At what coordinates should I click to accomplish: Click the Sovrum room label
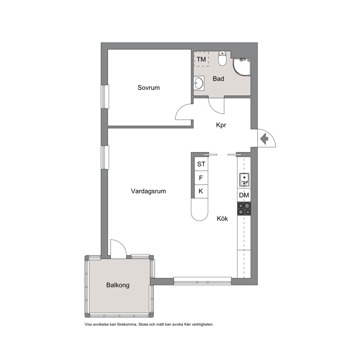pyautogui.click(x=148, y=88)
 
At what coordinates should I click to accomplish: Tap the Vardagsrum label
pyautogui.click(x=148, y=191)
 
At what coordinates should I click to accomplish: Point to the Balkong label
pyautogui.click(x=118, y=285)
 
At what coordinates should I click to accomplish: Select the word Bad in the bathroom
pyautogui.click(x=218, y=79)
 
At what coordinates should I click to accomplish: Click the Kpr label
pyautogui.click(x=221, y=125)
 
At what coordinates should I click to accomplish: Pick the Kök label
pyautogui.click(x=222, y=218)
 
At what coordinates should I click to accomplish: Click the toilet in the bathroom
pyautogui.click(x=222, y=58)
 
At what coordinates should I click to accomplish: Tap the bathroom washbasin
pyautogui.click(x=199, y=83)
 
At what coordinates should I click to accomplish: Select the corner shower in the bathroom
pyautogui.click(x=241, y=67)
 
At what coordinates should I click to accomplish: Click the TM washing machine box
pyautogui.click(x=201, y=59)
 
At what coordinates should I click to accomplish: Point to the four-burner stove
pyautogui.click(x=244, y=209)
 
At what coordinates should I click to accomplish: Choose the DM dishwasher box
pyautogui.click(x=244, y=195)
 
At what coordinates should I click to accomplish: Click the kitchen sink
pyautogui.click(x=244, y=180)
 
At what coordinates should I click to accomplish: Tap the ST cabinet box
pyautogui.click(x=201, y=164)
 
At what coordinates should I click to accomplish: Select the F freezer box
pyautogui.click(x=201, y=178)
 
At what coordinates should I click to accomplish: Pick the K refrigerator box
pyautogui.click(x=201, y=191)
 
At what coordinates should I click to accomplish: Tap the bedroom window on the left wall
pyautogui.click(x=105, y=97)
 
